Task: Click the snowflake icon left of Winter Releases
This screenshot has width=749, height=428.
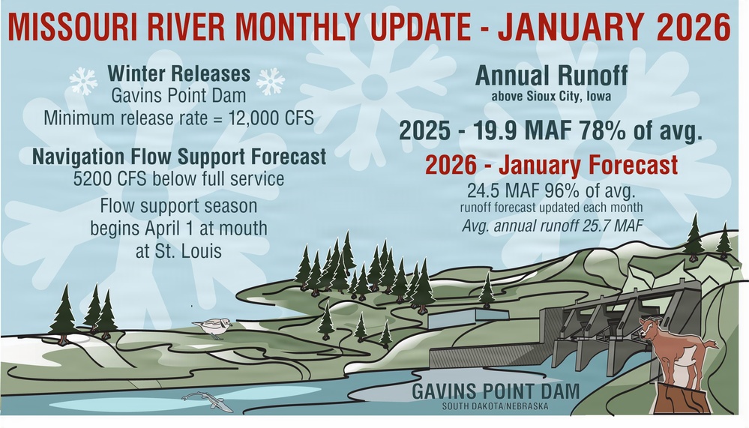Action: point(83,79)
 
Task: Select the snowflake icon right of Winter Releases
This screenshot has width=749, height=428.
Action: point(270,80)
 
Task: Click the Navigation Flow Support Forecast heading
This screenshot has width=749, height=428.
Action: point(179,157)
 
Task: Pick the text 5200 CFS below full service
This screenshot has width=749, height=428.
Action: point(179,180)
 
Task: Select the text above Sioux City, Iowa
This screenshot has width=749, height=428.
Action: point(551,96)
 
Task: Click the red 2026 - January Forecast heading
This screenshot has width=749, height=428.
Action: point(551,165)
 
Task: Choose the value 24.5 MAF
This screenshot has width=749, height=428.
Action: point(496,189)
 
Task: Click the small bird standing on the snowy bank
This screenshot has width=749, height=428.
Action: point(213,326)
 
